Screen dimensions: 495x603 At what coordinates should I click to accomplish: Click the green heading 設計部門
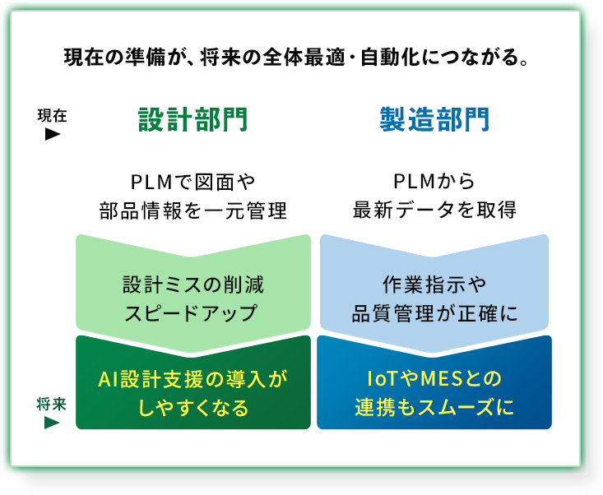[x=192, y=121]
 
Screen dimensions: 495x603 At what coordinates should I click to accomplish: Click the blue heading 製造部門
[x=434, y=121]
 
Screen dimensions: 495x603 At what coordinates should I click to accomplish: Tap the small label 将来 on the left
[x=52, y=405]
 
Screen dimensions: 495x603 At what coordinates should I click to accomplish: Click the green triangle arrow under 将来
[x=52, y=423]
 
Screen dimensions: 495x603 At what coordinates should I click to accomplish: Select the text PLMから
[x=434, y=180]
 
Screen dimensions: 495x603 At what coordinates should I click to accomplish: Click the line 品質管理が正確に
[x=434, y=313]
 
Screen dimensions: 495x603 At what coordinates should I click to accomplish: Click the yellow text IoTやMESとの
[x=434, y=379]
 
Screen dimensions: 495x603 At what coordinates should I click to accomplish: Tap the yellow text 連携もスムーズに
[x=434, y=408]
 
